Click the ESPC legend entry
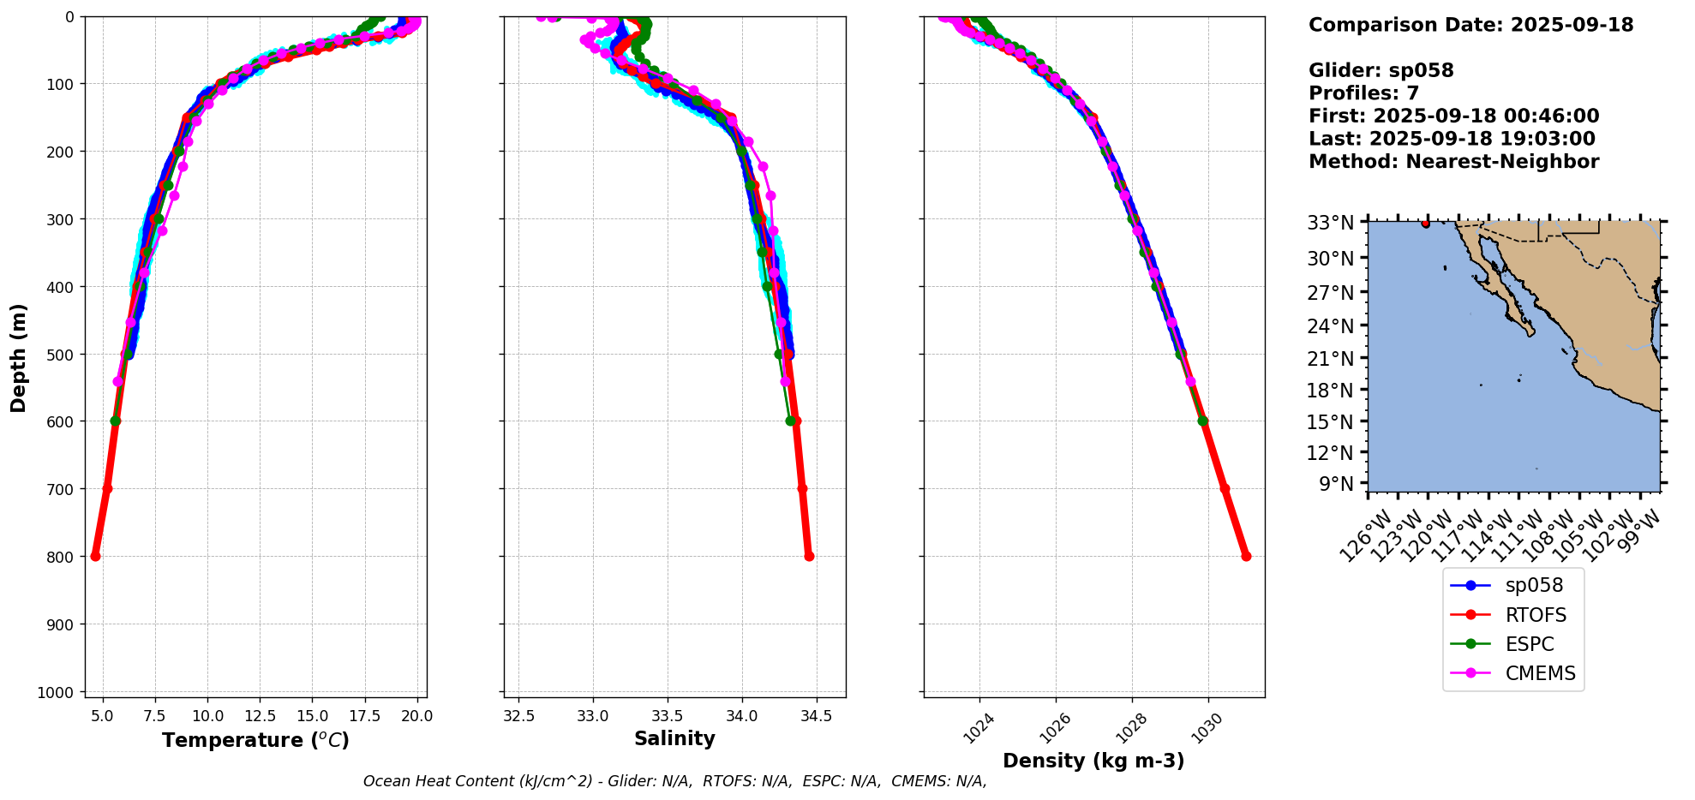click(1529, 644)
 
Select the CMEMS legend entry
click(1540, 673)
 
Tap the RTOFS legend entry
click(1536, 615)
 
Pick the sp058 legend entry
click(1534, 585)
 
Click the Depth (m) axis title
click(18, 357)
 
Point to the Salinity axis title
click(674, 738)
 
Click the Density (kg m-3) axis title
click(1093, 761)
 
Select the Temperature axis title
click(255, 740)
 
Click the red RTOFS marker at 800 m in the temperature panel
click(95, 556)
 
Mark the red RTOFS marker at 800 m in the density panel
click(1246, 556)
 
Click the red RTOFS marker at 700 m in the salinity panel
click(802, 488)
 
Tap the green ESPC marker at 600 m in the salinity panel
click(790, 421)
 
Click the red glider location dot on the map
click(1425, 224)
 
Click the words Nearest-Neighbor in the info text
click(1502, 162)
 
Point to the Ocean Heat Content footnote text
click(674, 781)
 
